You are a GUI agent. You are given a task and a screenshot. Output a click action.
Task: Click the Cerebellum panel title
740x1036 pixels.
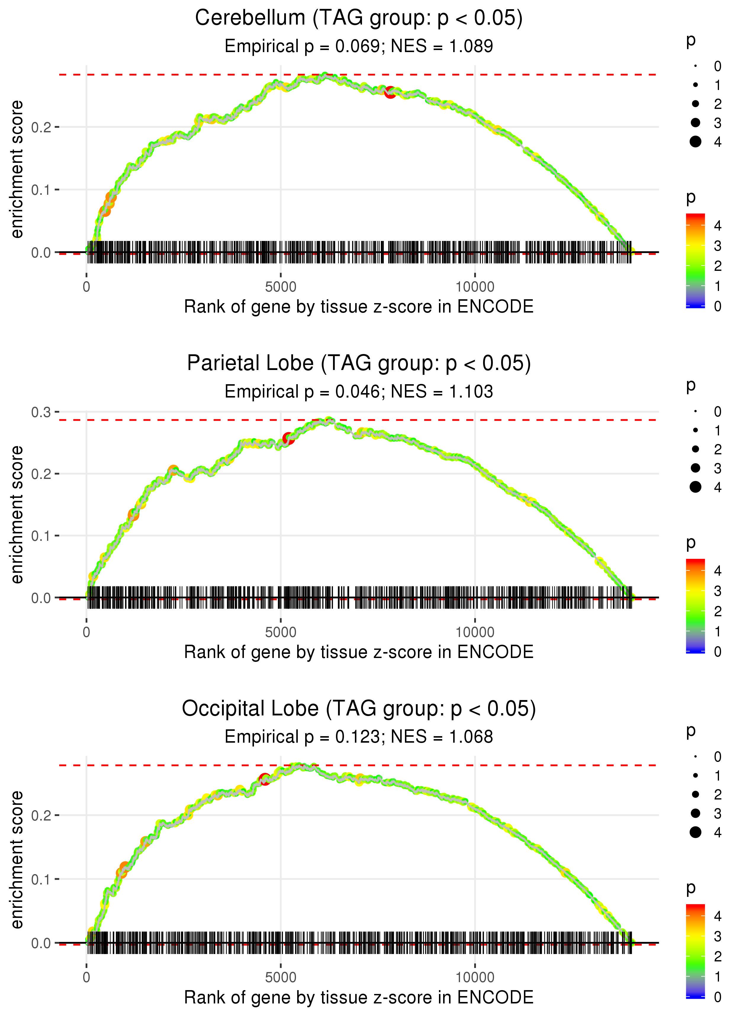pos(359,18)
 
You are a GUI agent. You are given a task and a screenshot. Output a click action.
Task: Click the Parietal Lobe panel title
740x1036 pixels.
pos(359,363)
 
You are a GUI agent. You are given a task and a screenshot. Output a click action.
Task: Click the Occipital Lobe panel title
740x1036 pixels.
pos(359,709)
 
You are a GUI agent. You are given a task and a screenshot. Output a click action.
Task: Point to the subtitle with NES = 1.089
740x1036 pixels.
pos(359,46)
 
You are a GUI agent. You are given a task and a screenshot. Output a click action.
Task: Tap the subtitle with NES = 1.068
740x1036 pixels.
pos(359,737)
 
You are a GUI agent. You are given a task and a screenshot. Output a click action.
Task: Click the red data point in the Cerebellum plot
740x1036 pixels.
pos(390,92)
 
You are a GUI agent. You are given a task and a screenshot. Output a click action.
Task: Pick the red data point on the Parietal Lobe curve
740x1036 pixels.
pos(288,438)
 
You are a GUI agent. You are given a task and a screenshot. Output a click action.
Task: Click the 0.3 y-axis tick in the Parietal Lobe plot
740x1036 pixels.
pos(41,412)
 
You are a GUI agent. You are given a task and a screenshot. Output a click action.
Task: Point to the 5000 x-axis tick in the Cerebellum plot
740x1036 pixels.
pos(281,287)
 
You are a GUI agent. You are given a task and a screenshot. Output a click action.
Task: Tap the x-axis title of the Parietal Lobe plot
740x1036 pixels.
pos(359,652)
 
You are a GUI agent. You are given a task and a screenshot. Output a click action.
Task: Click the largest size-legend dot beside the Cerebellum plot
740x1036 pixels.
pos(695,142)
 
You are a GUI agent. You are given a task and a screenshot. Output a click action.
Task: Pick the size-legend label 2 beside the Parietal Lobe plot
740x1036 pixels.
pos(718,450)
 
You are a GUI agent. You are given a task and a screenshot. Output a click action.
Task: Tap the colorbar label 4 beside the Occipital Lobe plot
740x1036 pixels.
pos(718,916)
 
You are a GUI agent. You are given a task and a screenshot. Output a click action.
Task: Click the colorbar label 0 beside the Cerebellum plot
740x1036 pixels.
pos(718,307)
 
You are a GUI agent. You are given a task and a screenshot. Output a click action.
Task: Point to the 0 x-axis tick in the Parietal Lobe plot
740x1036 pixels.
pos(86,632)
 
